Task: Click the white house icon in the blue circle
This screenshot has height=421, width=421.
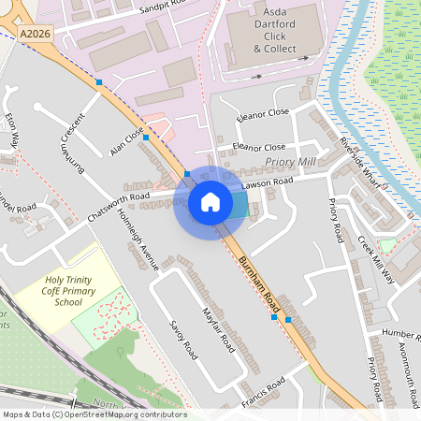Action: point(210,202)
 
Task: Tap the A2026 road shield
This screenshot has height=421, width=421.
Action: point(34,33)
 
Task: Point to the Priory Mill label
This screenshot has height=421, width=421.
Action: point(291,162)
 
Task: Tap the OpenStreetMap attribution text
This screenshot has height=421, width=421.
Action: point(94,414)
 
